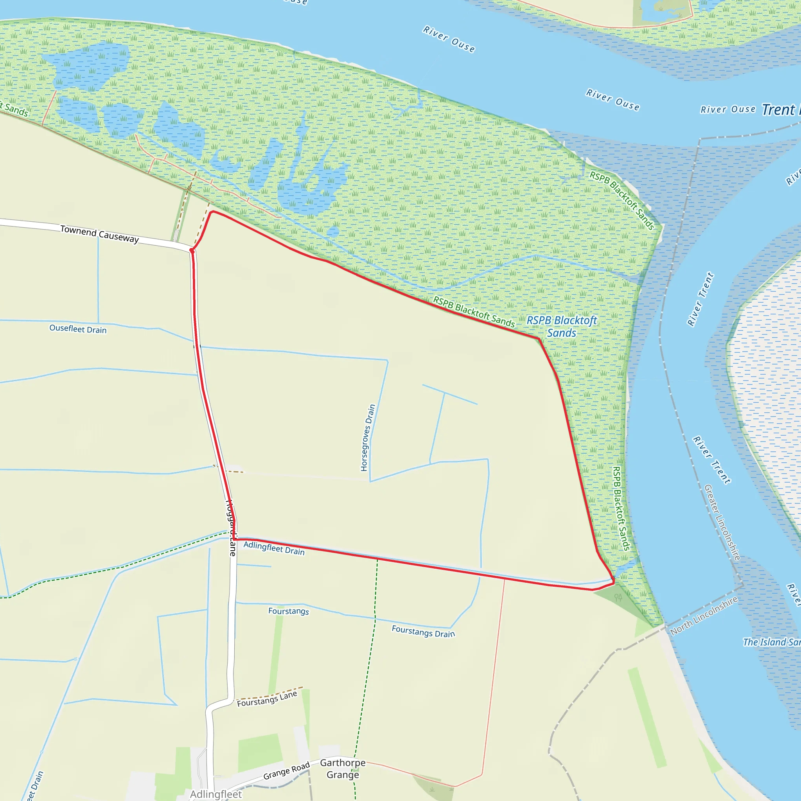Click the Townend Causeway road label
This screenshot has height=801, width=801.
(x=99, y=234)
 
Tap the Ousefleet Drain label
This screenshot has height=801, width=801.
(x=78, y=329)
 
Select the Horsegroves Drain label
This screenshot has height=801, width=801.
(x=367, y=437)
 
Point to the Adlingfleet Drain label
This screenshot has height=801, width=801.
(x=274, y=548)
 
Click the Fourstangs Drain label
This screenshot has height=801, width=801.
(x=423, y=631)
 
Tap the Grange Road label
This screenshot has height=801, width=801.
(x=286, y=770)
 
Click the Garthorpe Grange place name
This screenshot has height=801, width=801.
(x=343, y=769)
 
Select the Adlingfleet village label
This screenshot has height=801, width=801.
(x=216, y=794)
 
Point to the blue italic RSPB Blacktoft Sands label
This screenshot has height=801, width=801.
(x=562, y=326)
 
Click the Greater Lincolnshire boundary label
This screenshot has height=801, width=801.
(x=722, y=523)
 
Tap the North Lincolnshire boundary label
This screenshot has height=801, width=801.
(x=704, y=616)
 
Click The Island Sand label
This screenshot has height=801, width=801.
(x=771, y=642)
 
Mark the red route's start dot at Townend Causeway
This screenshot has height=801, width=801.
(x=192, y=250)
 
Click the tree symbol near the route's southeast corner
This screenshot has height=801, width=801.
(x=618, y=598)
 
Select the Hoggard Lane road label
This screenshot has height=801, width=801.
(x=231, y=528)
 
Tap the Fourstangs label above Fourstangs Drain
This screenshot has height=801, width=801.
(x=289, y=611)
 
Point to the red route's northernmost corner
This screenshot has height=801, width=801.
(x=212, y=212)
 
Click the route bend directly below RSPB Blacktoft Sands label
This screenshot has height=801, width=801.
(x=539, y=339)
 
